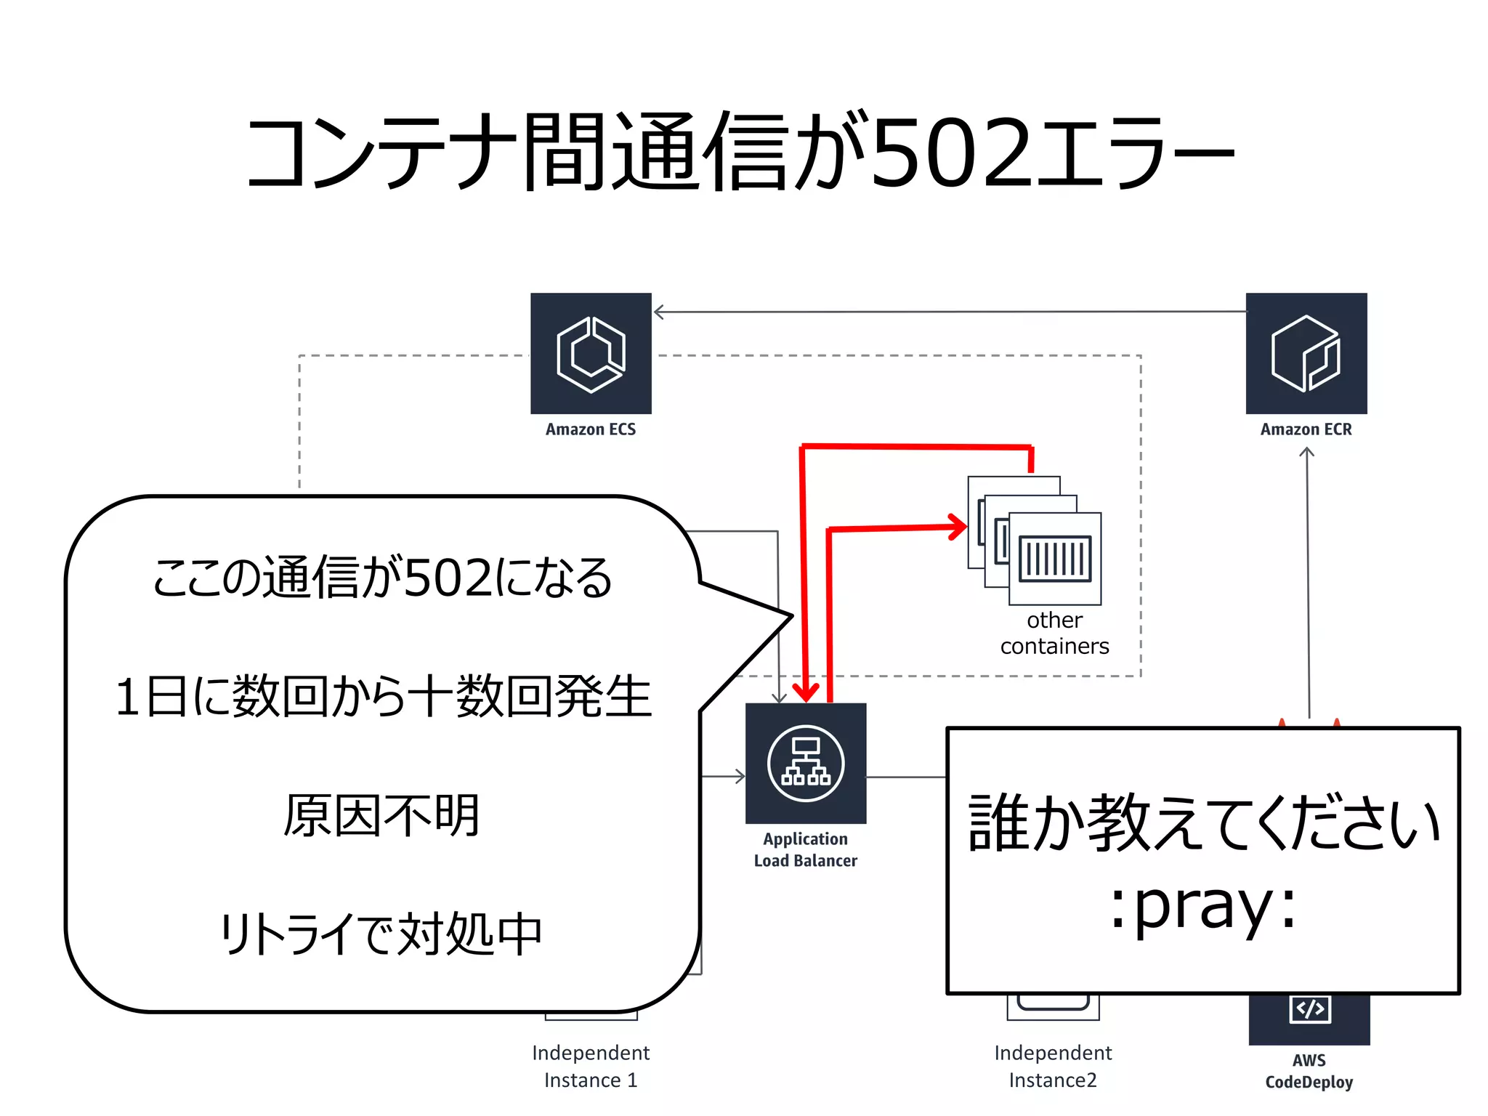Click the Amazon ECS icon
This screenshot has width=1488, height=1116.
591,354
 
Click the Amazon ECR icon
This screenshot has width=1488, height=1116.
1306,354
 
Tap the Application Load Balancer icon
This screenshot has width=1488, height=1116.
806,764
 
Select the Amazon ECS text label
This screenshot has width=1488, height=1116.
591,429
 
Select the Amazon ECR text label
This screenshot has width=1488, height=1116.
1306,429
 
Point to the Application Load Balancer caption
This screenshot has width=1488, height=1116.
806,850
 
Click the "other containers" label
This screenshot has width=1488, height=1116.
1054,633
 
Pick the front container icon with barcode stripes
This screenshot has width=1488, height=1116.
1055,559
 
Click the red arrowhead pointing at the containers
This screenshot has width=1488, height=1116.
958,527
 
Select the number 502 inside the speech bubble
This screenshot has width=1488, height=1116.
448,578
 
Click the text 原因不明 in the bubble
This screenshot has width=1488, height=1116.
381,815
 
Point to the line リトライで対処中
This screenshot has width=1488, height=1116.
381,934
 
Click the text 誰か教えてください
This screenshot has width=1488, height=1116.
1203,822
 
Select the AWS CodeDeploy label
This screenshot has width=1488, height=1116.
1309,1072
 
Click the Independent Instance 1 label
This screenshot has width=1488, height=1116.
591,1067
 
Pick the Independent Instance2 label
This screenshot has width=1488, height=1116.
1053,1067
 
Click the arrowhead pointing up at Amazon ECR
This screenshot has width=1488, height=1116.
1306,453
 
